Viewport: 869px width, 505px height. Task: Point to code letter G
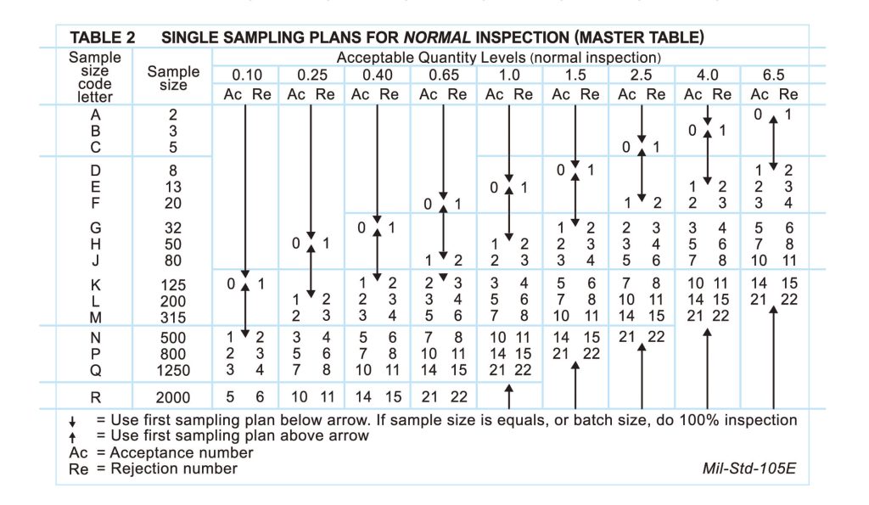point(95,227)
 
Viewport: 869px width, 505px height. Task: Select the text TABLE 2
point(108,38)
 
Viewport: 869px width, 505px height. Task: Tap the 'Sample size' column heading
point(173,79)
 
